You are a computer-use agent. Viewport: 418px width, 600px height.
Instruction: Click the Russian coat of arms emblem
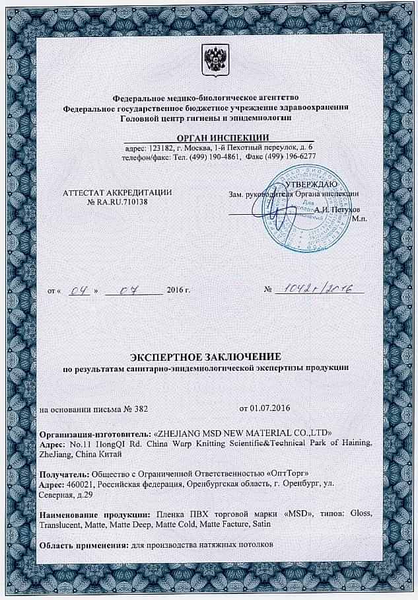click(216, 58)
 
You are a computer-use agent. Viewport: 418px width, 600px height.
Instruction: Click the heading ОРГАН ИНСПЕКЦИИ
click(208, 135)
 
